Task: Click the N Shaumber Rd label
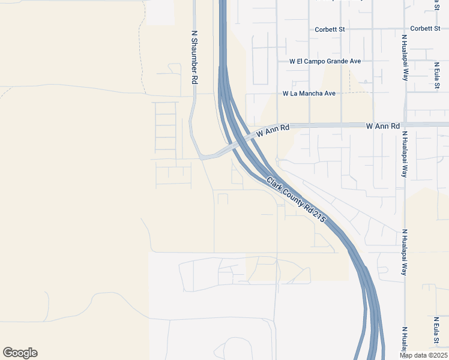point(194,58)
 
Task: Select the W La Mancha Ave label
point(309,94)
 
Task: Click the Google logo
point(20,353)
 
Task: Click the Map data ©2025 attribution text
point(424,355)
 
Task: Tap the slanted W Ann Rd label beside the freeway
point(273,130)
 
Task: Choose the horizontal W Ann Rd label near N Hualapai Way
point(382,126)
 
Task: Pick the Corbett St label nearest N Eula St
point(426,29)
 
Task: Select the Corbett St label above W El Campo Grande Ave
point(330,29)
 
